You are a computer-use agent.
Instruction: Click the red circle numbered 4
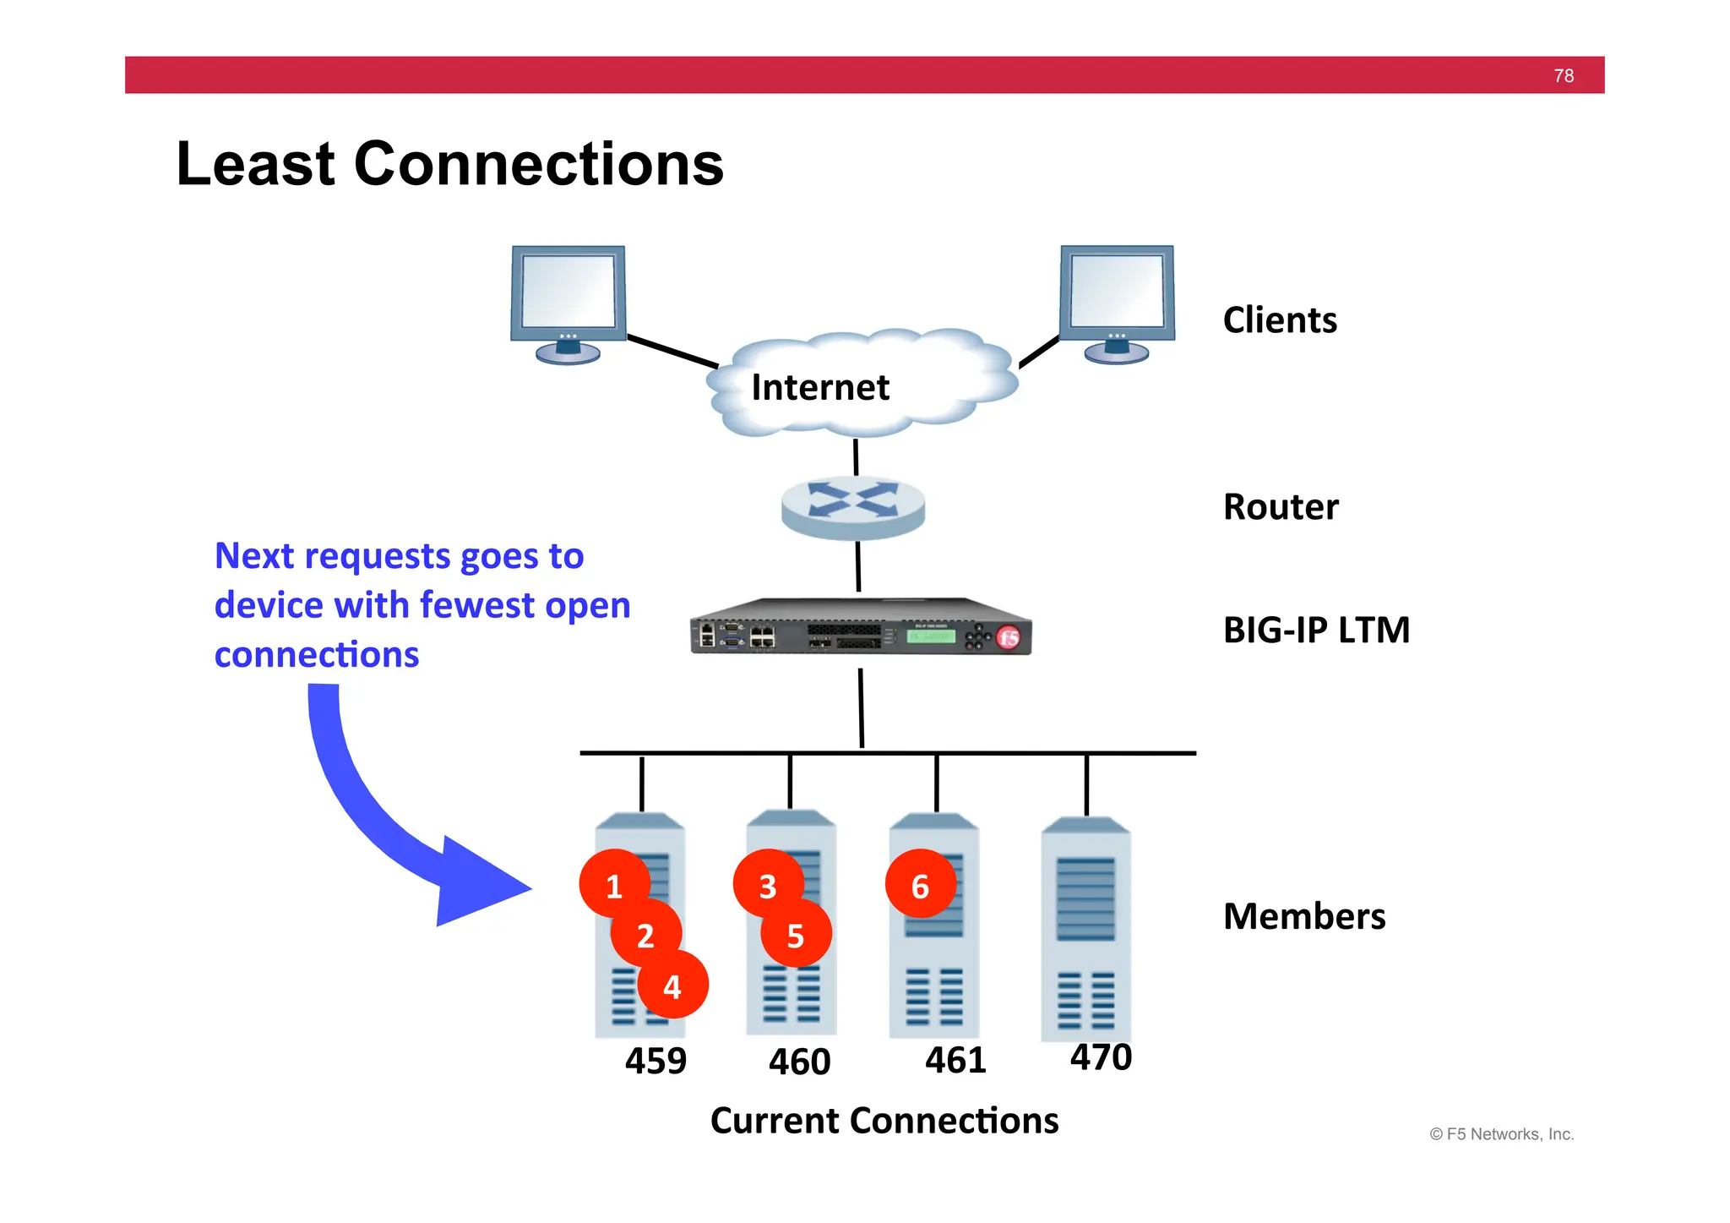pos(672,985)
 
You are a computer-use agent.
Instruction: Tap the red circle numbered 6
pos(920,885)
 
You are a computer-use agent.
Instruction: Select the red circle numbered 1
pos(614,885)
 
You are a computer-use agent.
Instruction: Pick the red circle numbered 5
pos(796,935)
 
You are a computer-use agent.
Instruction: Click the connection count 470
pos(1101,1056)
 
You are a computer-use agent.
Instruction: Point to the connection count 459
pos(656,1061)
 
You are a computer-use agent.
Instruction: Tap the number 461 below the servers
pos(955,1060)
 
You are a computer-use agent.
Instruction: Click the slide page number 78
pos(1563,76)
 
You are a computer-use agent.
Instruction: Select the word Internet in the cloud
pos(819,387)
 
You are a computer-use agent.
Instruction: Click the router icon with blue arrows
pos(853,505)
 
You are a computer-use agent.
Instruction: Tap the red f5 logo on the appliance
pos(1009,638)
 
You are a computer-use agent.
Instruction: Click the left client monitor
pos(568,300)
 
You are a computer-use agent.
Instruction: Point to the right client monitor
pos(1117,300)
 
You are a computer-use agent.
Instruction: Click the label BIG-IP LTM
pos(1316,630)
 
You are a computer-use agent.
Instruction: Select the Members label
pos(1303,916)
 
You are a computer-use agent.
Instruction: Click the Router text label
pos(1281,507)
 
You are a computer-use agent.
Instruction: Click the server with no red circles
pos(1085,930)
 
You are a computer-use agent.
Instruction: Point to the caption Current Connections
pos(884,1121)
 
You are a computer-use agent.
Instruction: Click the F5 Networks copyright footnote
pos(1501,1134)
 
